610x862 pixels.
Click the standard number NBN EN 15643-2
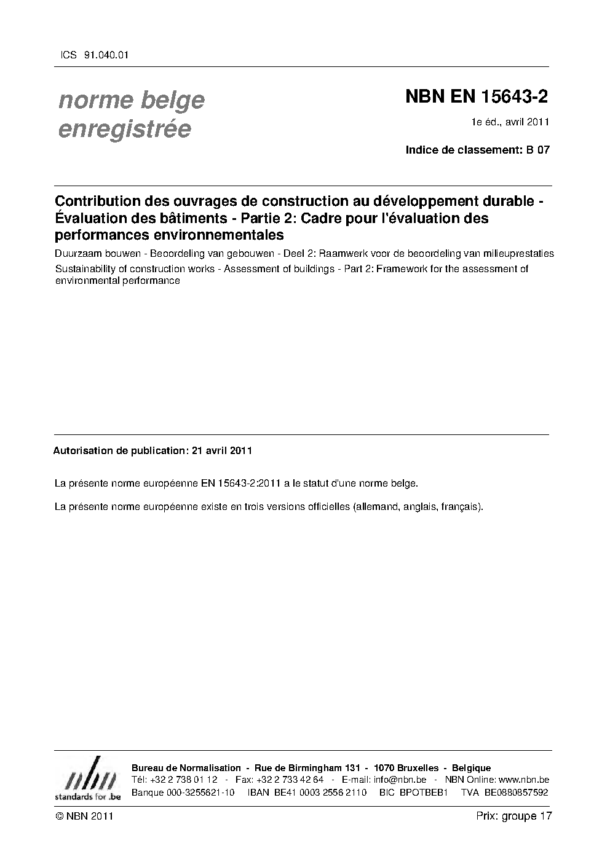[x=476, y=97]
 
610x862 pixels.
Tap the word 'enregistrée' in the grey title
[x=124, y=129]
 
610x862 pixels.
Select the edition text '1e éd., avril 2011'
[x=510, y=122]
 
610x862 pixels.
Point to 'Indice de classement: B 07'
[x=477, y=149]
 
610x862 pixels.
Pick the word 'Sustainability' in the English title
[x=84, y=268]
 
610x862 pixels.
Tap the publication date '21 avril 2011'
[x=222, y=450]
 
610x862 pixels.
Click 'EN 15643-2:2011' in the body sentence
[x=241, y=484]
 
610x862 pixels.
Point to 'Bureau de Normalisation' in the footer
[x=186, y=768]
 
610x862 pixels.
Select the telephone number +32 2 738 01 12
[x=183, y=780]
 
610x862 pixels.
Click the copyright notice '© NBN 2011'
[x=84, y=816]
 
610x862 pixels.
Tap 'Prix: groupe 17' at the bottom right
[x=514, y=816]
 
